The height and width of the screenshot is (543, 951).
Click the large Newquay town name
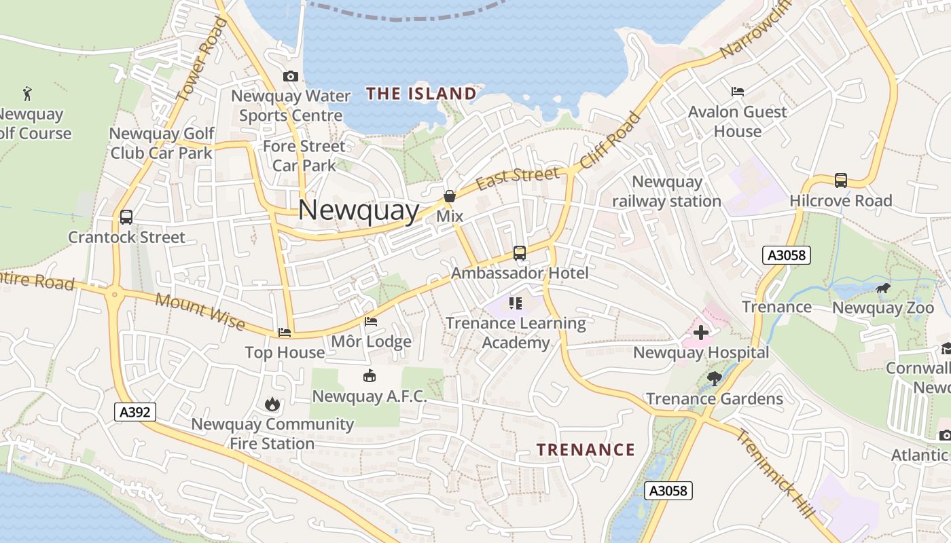click(359, 210)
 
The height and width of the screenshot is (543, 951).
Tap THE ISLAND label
click(422, 94)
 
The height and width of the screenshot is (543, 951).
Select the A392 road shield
click(135, 411)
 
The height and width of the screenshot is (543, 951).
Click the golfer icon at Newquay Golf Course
click(27, 93)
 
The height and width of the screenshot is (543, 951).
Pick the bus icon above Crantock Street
click(126, 217)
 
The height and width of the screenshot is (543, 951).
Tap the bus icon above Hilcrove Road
click(840, 181)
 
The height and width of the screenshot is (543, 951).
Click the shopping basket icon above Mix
click(449, 196)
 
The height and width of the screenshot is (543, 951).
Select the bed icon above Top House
click(285, 333)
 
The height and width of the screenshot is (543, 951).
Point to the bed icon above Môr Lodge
click(371, 321)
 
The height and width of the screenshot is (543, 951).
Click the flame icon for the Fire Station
click(272, 405)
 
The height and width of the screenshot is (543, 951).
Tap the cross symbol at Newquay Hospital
click(700, 333)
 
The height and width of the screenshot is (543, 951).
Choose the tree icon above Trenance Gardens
click(714, 378)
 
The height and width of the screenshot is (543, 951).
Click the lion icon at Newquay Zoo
click(883, 288)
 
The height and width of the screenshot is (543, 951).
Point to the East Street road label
click(518, 178)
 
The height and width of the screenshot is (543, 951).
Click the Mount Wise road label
click(200, 312)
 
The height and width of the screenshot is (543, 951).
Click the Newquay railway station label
click(666, 191)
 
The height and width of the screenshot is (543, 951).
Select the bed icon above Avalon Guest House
click(737, 92)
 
